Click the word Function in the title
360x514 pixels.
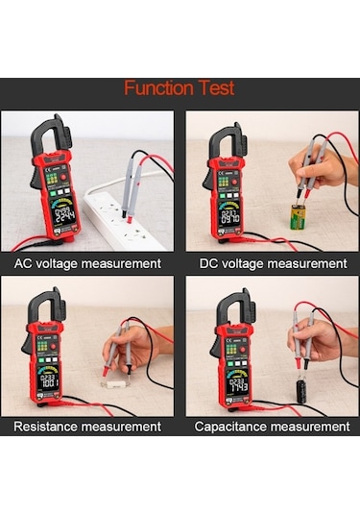pyautogui.click(x=158, y=89)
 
